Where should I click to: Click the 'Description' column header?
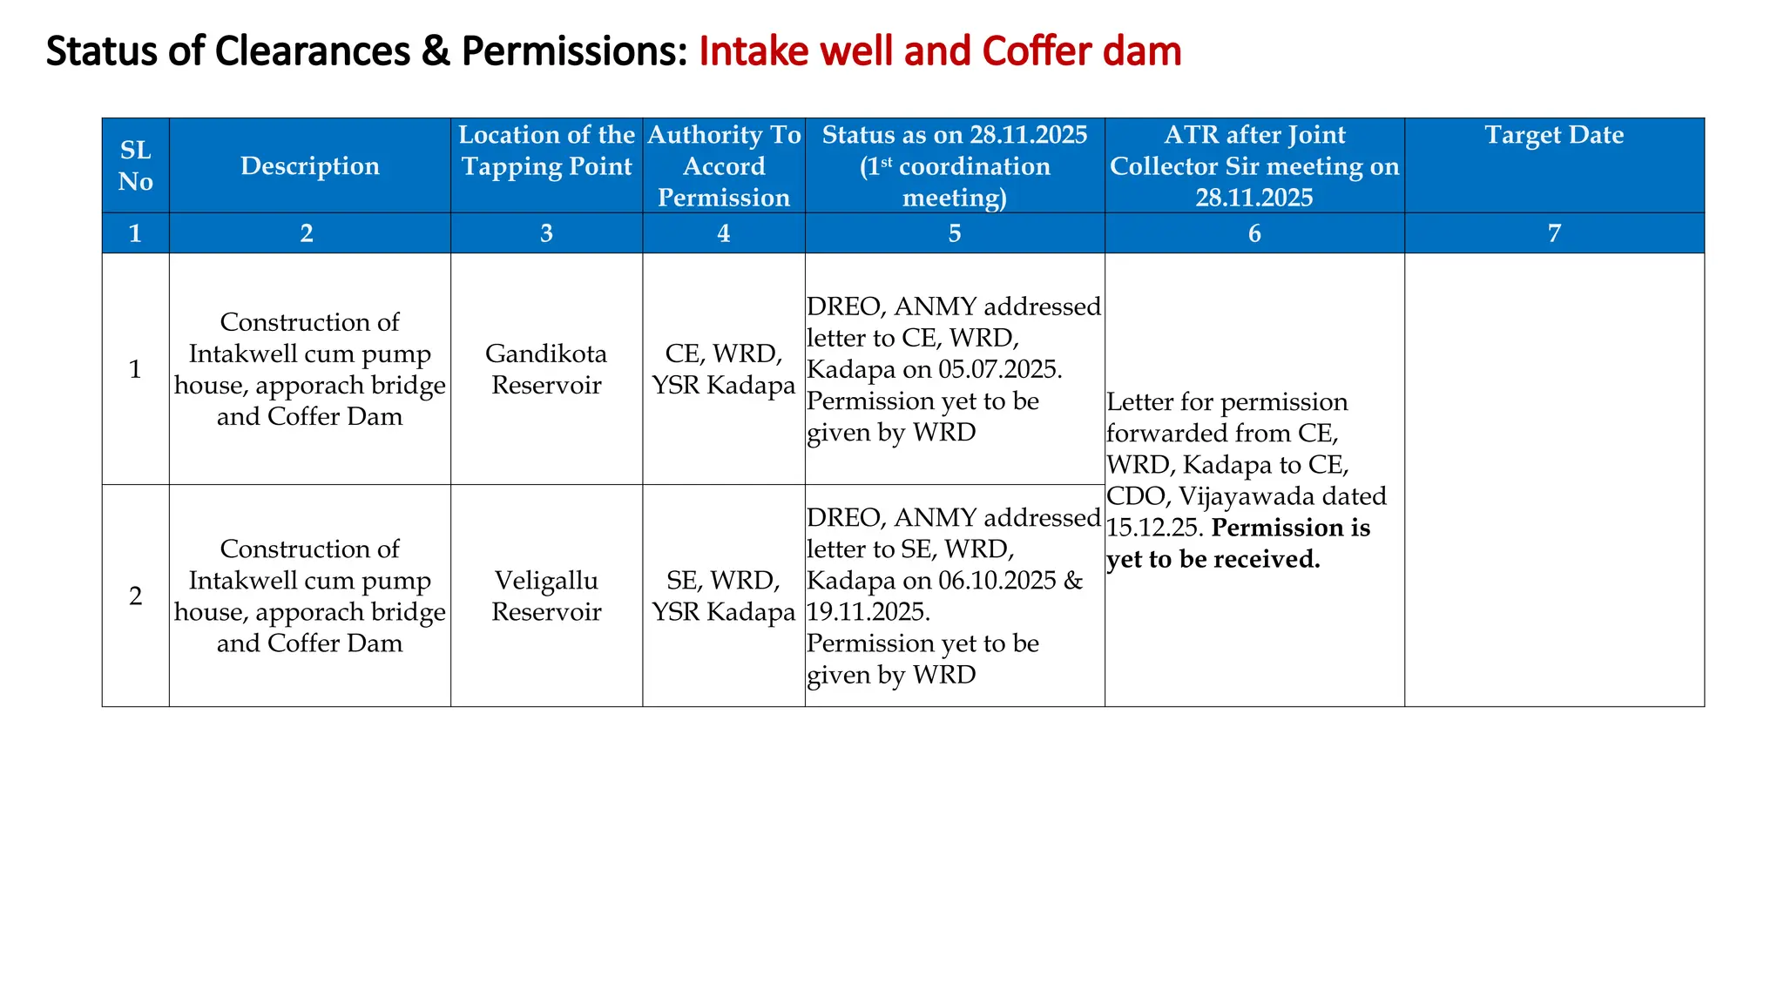309,166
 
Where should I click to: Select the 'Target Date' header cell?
1553,136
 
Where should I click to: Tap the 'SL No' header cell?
135,166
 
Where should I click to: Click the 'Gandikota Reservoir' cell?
546,369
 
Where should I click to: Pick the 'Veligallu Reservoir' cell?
546,596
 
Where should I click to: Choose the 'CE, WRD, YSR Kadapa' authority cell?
723,369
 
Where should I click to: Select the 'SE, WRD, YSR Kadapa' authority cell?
723,596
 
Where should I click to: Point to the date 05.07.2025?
999,369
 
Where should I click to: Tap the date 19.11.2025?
867,612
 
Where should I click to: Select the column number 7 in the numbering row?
1553,233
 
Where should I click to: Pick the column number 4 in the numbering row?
723,233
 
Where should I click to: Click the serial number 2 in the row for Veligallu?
135,596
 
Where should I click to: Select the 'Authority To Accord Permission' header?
723,166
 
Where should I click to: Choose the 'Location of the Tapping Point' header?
546,151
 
